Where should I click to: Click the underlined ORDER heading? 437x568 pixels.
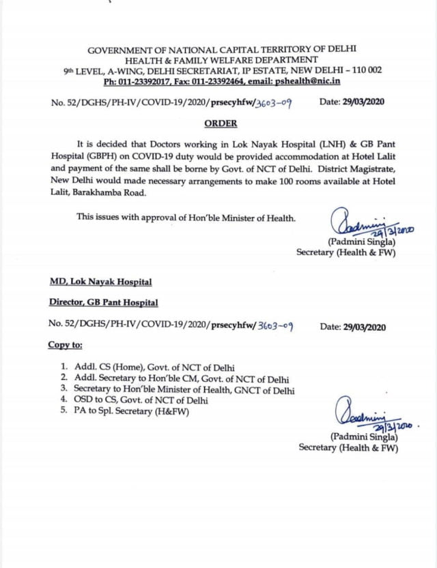(x=221, y=123)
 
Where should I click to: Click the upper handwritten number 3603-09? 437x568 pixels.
(x=272, y=103)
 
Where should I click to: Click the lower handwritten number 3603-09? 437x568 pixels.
(x=273, y=326)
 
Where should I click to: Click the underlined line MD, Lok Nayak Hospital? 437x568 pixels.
(x=100, y=282)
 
